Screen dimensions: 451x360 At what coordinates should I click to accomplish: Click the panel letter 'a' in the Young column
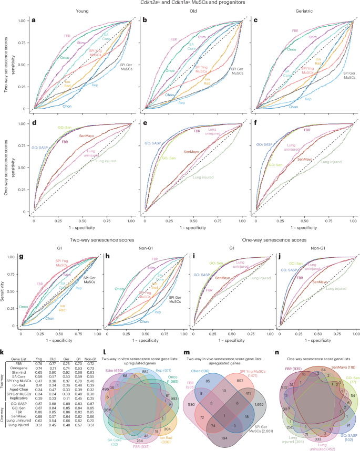[34, 21]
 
